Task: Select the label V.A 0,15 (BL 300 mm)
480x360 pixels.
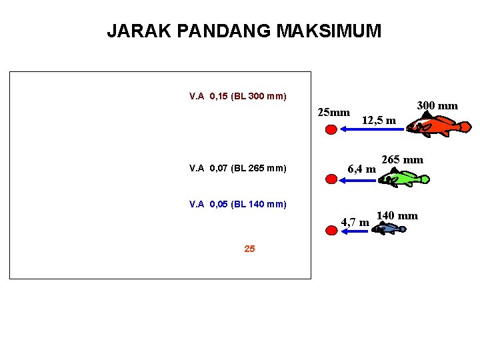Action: [x=238, y=97]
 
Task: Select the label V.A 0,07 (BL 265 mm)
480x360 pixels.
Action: [x=238, y=169]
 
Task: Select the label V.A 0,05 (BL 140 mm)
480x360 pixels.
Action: [x=238, y=204]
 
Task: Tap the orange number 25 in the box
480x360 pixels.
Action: [x=249, y=249]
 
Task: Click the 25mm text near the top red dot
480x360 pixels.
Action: [x=334, y=111]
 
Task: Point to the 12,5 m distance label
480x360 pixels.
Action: [x=379, y=121]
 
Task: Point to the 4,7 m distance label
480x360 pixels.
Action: [x=355, y=221]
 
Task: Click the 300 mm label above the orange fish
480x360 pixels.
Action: [x=437, y=105]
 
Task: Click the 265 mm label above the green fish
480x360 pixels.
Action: [x=402, y=160]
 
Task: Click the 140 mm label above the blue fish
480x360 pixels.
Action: [x=397, y=215]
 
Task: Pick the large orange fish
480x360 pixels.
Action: [x=440, y=125]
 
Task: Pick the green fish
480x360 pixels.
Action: [x=407, y=178]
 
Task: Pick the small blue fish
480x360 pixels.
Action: [x=388, y=229]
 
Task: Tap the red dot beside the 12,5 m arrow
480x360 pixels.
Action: [x=331, y=130]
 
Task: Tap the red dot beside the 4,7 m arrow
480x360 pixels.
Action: [x=331, y=230]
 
